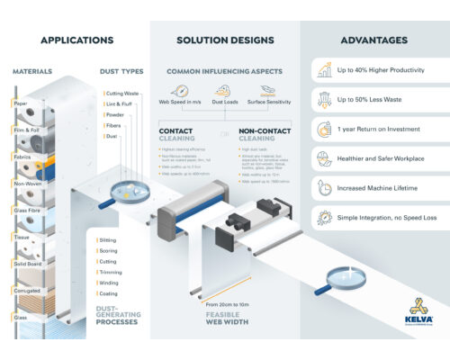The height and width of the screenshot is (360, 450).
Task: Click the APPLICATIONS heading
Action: click(76, 40)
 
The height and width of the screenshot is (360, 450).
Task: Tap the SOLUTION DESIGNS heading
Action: click(224, 40)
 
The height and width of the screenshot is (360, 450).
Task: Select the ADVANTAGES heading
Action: click(373, 40)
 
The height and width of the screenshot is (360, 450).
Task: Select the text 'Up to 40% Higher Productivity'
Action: click(381, 69)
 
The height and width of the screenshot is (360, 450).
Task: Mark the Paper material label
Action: click(20, 103)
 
